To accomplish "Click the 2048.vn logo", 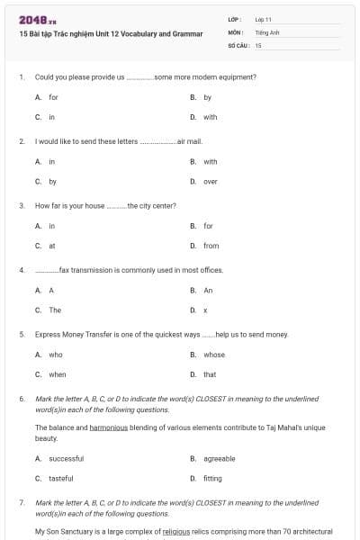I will [31, 20].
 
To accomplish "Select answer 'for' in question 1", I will [53, 97].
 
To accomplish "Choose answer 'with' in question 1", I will [210, 117].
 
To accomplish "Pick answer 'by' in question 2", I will [52, 182].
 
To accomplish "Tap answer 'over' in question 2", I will [210, 182].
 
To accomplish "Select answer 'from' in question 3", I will [211, 246].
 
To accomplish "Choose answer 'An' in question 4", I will [208, 291].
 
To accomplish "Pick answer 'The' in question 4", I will [55, 310].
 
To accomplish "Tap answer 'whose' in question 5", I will [213, 355].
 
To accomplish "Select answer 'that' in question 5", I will [210, 374].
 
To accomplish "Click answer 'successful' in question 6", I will [64, 458].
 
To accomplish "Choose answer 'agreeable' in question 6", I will [219, 458].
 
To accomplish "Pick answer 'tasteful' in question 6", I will [60, 478].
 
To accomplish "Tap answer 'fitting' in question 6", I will [212, 478].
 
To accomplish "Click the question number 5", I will [21, 335].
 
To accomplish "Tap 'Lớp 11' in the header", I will [264, 19].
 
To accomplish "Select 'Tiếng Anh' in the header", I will [266, 31].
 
